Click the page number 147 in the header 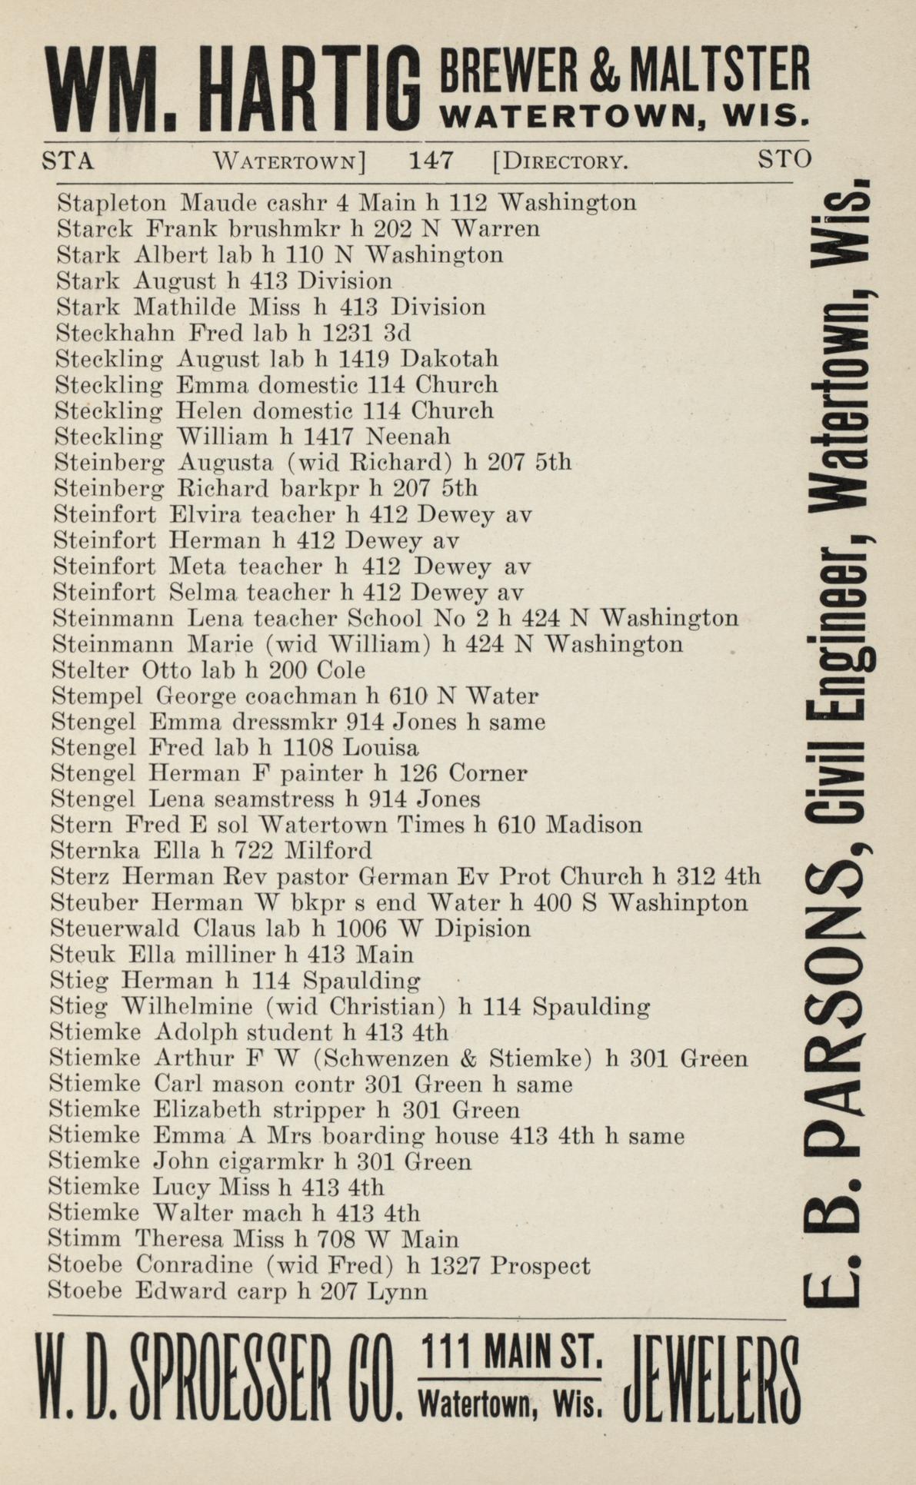431,161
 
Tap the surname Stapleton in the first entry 112,203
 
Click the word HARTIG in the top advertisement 311,90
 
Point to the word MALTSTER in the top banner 718,70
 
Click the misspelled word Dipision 482,929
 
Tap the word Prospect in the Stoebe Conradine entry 541,1265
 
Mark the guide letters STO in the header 784,159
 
